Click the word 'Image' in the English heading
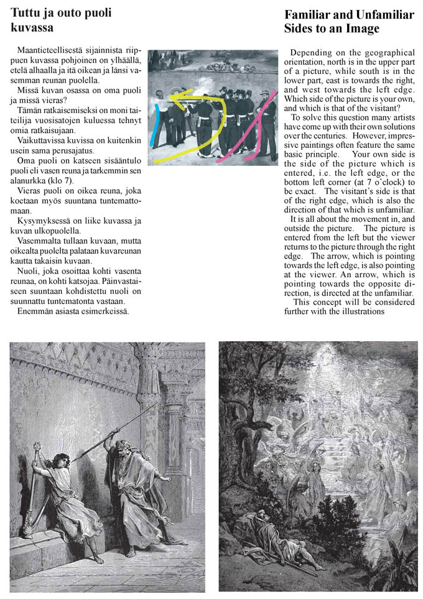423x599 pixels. pos(361,29)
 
